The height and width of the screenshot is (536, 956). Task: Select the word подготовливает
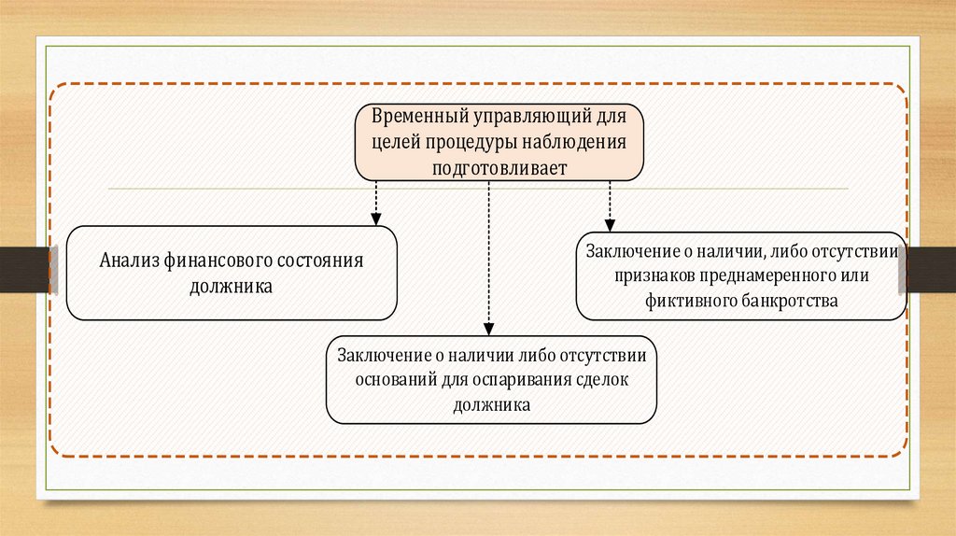tap(499, 166)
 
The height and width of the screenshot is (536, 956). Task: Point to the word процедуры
tap(469, 142)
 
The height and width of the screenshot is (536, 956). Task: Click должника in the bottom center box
tap(491, 405)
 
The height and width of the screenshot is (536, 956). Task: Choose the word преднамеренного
tap(755, 276)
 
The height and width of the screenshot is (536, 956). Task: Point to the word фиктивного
tap(683, 301)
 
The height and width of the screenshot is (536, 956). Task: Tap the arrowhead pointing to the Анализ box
tap(375, 219)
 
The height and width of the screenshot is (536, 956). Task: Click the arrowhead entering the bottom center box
tap(487, 328)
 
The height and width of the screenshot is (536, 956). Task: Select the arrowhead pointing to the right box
tap(610, 225)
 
